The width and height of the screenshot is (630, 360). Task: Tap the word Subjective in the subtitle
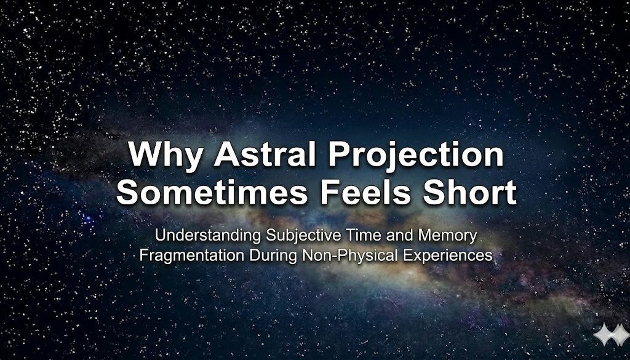pos(284,236)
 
